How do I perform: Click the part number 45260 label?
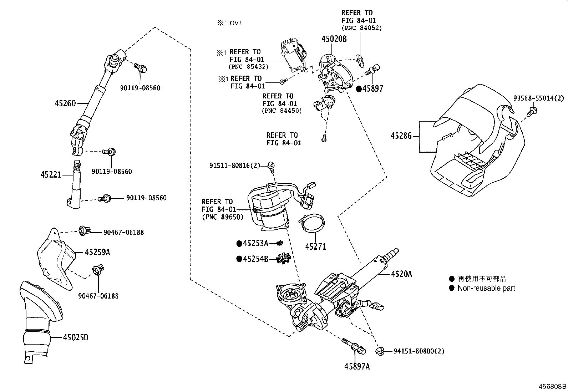tap(65, 103)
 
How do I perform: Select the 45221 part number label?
tap(51, 175)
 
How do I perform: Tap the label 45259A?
tap(97, 253)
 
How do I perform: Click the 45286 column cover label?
tap(401, 136)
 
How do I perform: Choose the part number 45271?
tap(315, 246)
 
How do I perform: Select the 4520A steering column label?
tap(401, 274)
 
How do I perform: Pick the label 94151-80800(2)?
tap(419, 351)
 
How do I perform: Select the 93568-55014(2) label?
tap(538, 98)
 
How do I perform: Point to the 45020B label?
tap(334, 39)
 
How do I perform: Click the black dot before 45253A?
tap(239, 244)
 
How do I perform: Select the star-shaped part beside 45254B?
tap(284, 258)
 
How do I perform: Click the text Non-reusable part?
tap(486, 288)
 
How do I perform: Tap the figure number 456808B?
tap(552, 386)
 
